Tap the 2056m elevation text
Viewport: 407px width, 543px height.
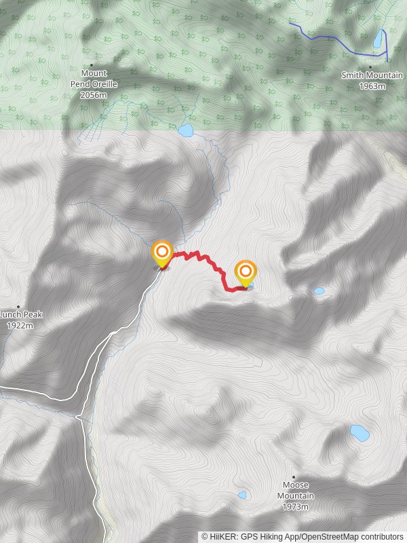coord(94,96)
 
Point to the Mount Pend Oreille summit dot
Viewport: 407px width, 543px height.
coord(92,65)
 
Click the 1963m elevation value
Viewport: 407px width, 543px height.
coord(372,86)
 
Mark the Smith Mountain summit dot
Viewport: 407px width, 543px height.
coord(370,67)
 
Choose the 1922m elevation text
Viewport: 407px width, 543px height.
coord(20,326)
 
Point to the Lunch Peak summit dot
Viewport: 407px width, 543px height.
coord(18,307)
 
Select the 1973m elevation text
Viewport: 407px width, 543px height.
coord(296,507)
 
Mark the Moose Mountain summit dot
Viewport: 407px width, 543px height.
coord(294,477)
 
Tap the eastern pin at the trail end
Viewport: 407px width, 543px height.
coord(246,273)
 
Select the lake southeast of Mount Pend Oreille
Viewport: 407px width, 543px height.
coord(185,130)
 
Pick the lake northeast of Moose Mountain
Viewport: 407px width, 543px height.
coord(359,432)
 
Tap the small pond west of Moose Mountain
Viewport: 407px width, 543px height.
coord(242,495)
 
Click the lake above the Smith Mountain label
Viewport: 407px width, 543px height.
coord(377,41)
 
